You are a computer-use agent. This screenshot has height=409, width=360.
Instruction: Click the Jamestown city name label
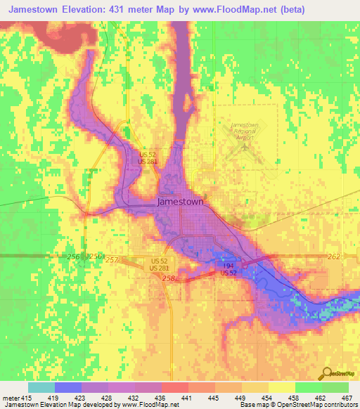pos(180,201)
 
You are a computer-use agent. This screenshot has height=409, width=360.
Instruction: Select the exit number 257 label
pos(112,259)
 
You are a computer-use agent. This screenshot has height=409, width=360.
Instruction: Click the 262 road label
pos(335,257)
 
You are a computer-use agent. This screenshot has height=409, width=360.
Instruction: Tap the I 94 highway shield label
pos(228,266)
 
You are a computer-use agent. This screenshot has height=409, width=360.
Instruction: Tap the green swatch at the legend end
pos(335,387)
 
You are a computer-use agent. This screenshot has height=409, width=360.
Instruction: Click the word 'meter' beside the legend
pos(11,398)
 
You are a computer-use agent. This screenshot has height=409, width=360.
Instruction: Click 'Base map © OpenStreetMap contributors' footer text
pos(298,405)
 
